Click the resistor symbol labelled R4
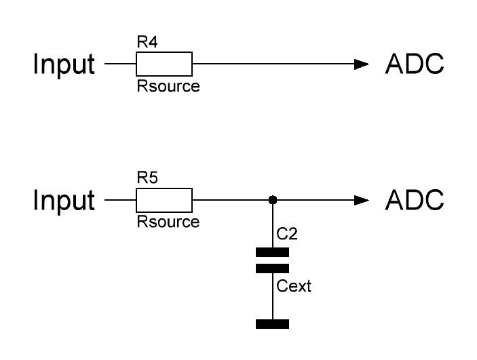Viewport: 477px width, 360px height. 164,65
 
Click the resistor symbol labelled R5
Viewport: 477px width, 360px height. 164,201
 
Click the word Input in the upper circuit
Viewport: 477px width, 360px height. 64,65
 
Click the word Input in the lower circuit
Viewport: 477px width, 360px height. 64,201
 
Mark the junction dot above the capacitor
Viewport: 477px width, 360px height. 272,201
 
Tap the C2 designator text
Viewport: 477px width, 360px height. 287,235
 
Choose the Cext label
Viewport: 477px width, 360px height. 294,286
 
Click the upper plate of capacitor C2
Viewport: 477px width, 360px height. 272,252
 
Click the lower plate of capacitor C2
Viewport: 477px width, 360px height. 272,268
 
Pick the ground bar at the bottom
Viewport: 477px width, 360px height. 272,323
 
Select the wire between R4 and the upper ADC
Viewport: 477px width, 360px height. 271,65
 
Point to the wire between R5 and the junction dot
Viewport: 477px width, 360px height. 231,201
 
